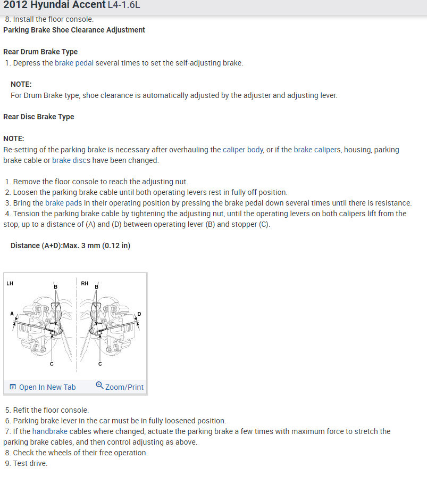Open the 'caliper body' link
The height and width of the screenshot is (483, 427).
coord(243,150)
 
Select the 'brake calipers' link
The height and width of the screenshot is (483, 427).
coord(316,150)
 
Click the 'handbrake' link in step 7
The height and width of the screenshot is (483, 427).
coord(49,431)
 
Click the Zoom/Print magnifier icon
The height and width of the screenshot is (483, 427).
coord(99,386)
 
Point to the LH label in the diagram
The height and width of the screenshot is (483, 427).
coord(10,283)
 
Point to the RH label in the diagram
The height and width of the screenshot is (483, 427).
coord(85,283)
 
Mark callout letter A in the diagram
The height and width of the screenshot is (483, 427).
coord(12,314)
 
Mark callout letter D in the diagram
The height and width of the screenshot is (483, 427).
coord(139,314)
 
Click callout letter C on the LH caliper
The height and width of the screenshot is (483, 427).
coord(52,364)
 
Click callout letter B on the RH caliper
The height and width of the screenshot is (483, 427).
coord(96,287)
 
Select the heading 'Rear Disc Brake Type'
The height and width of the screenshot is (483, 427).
coord(39,117)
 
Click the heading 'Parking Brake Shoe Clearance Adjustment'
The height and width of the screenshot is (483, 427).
coord(74,30)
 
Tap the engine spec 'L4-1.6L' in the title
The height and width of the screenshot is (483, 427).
coord(124,5)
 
